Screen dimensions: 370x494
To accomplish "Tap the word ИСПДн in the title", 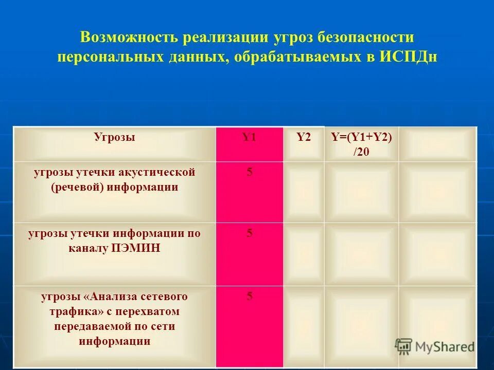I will (x=409, y=56).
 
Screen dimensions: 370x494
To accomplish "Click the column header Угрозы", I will (x=114, y=137).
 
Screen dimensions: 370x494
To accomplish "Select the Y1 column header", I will (x=249, y=137).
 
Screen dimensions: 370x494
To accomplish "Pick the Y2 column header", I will (x=304, y=137).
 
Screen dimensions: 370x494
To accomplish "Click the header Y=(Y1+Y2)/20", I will (x=361, y=144).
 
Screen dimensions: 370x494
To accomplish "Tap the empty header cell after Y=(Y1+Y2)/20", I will (x=437, y=144).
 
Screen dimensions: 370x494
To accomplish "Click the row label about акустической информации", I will (x=114, y=179).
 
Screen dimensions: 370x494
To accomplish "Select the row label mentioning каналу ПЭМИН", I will (x=114, y=241).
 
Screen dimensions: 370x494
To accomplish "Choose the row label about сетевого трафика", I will (x=114, y=319).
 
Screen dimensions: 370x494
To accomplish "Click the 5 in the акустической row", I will (x=250, y=172).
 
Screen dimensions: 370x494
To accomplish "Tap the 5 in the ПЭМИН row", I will (x=250, y=233).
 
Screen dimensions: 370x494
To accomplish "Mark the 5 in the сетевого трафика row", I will (x=250, y=296).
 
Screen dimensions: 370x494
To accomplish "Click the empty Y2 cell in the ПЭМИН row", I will (x=304, y=254).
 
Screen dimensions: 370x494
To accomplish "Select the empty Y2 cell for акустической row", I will (x=304, y=192).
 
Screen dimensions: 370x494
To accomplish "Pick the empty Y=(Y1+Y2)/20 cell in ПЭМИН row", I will (x=361, y=254).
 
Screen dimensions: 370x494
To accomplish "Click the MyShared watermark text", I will (x=445, y=347).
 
